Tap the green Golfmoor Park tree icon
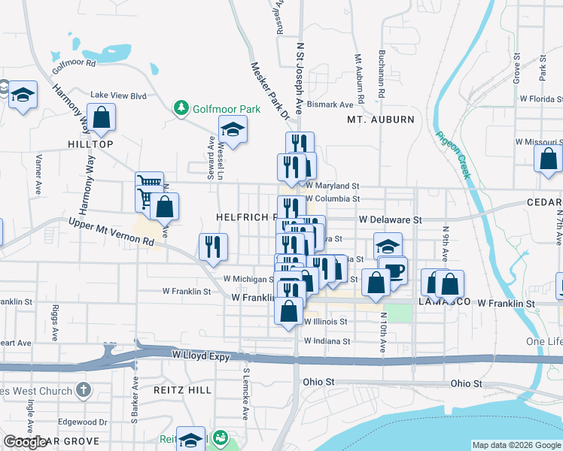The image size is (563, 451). [x=181, y=109]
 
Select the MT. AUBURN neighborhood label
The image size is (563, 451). [x=380, y=120]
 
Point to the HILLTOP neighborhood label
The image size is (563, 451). [x=90, y=144]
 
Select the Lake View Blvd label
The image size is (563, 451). [x=118, y=95]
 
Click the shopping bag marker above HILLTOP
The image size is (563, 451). [x=101, y=118]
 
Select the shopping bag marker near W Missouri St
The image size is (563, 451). [x=548, y=159]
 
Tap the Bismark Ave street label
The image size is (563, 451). [x=330, y=104]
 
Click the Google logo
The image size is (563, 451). [x=25, y=442]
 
